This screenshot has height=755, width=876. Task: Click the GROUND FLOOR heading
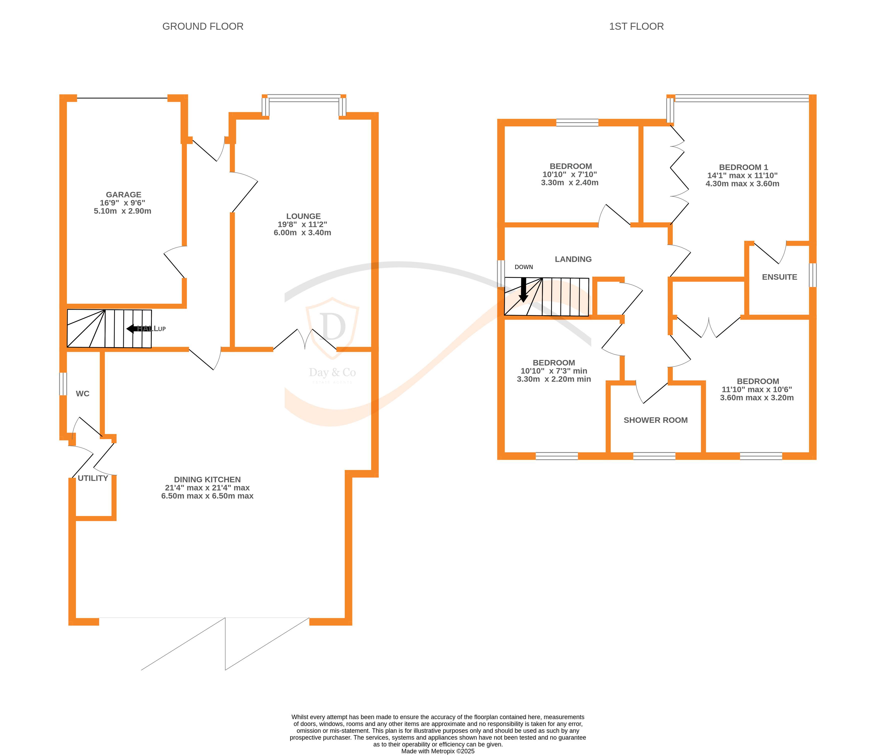pos(203,26)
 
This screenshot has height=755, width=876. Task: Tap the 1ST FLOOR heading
pos(636,26)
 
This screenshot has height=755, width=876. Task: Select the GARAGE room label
pos(123,195)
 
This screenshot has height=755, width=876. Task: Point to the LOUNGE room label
pos(303,216)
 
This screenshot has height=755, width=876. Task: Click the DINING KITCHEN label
pos(207,479)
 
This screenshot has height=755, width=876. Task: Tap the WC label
pos(82,394)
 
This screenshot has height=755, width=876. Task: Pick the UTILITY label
pos(93,478)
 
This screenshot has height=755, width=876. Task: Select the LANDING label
pos(573,259)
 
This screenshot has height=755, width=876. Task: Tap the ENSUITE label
pos(779,277)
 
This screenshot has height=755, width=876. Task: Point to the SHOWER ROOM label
pos(655,420)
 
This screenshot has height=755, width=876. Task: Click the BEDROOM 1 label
pos(743,167)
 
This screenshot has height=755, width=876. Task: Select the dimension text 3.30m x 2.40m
pos(570,183)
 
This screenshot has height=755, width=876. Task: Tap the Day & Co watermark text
pos(332,372)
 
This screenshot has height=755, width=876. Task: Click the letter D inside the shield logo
pos(332,326)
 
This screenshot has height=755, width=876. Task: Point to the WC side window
pos(63,384)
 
